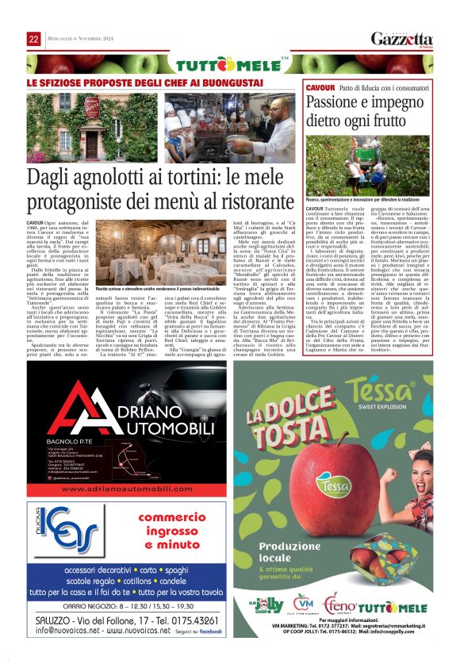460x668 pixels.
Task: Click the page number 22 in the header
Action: [x=34, y=40]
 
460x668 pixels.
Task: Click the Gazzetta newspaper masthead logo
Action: [x=403, y=40]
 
